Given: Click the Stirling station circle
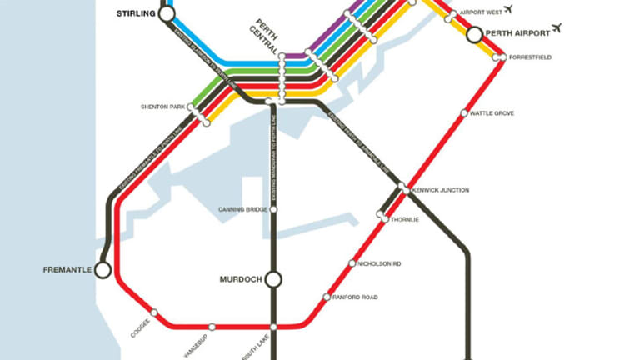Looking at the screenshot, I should [167, 14].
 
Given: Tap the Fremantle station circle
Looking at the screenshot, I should [102, 270].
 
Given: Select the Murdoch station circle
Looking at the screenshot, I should [273, 280].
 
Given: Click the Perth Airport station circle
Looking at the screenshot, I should [474, 34].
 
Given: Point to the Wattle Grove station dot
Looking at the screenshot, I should [464, 113].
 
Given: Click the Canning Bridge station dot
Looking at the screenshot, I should [273, 209].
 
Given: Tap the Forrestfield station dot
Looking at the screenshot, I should [501, 57].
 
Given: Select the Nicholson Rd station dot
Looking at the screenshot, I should [352, 264].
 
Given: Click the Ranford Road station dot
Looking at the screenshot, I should [327, 297].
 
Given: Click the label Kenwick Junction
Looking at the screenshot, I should [441, 190].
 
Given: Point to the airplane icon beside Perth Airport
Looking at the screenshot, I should [557, 28].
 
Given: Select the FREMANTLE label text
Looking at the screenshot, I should [66, 270].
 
